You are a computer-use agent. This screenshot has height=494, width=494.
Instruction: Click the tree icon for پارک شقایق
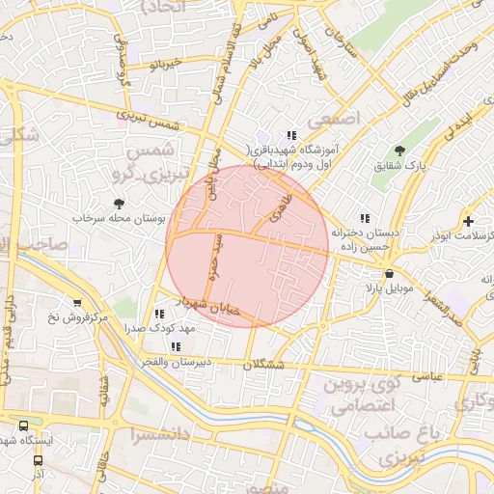pyautogui.click(x=400, y=151)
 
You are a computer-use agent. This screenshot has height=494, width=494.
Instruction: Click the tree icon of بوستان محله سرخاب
pyautogui.click(x=119, y=204)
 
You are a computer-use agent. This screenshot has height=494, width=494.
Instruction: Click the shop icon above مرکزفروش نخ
pyautogui.click(x=78, y=303)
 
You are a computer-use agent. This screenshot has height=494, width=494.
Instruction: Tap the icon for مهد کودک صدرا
pyautogui.click(x=159, y=314)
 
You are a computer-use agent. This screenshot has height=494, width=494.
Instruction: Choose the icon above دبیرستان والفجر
pyautogui.click(x=175, y=345)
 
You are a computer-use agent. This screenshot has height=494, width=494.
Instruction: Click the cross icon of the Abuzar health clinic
pyautogui.click(x=469, y=222)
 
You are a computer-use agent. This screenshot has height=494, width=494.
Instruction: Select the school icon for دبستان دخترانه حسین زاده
pyautogui.click(x=365, y=219)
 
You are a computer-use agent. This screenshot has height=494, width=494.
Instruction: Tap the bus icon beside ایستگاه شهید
pyautogui.click(x=23, y=425)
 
